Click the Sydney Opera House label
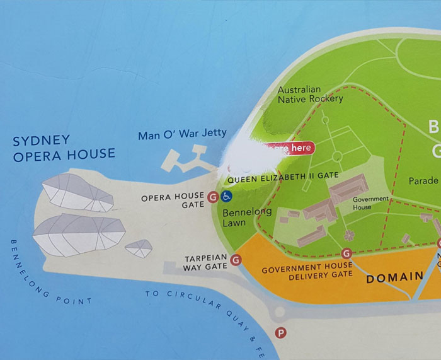tap(64, 147)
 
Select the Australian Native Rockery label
tap(310, 95)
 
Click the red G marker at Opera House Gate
tap(213, 197)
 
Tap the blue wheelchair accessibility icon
tap(226, 197)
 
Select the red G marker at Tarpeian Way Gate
tap(236, 259)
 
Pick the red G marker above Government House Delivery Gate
tap(345, 253)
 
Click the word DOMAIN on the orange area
tap(394, 277)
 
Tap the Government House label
tap(370, 203)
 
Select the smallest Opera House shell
tap(139, 248)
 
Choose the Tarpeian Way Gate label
tap(205, 262)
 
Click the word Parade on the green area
tap(423, 181)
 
